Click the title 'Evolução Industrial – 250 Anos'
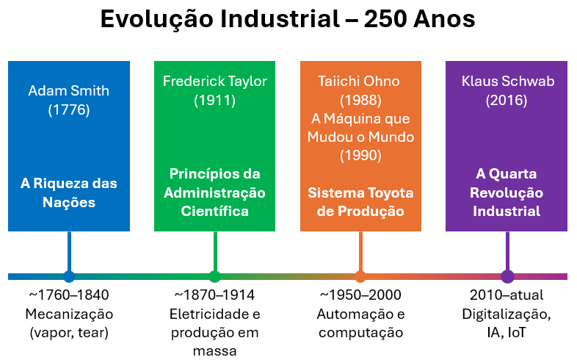288,20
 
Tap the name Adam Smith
68,91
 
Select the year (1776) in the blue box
68,110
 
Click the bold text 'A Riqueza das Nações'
68,192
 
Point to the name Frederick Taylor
214,81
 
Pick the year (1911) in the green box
214,101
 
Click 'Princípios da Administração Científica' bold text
214,192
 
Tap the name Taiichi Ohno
360,81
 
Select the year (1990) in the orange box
360,156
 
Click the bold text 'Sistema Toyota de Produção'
360,202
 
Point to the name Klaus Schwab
507,81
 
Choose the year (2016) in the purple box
507,101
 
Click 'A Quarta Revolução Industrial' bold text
507,192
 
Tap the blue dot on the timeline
69,276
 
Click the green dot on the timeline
214,276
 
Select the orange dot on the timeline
360,276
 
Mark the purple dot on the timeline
507,276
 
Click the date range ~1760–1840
69,295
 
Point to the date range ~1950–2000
360,295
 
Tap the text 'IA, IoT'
507,333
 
